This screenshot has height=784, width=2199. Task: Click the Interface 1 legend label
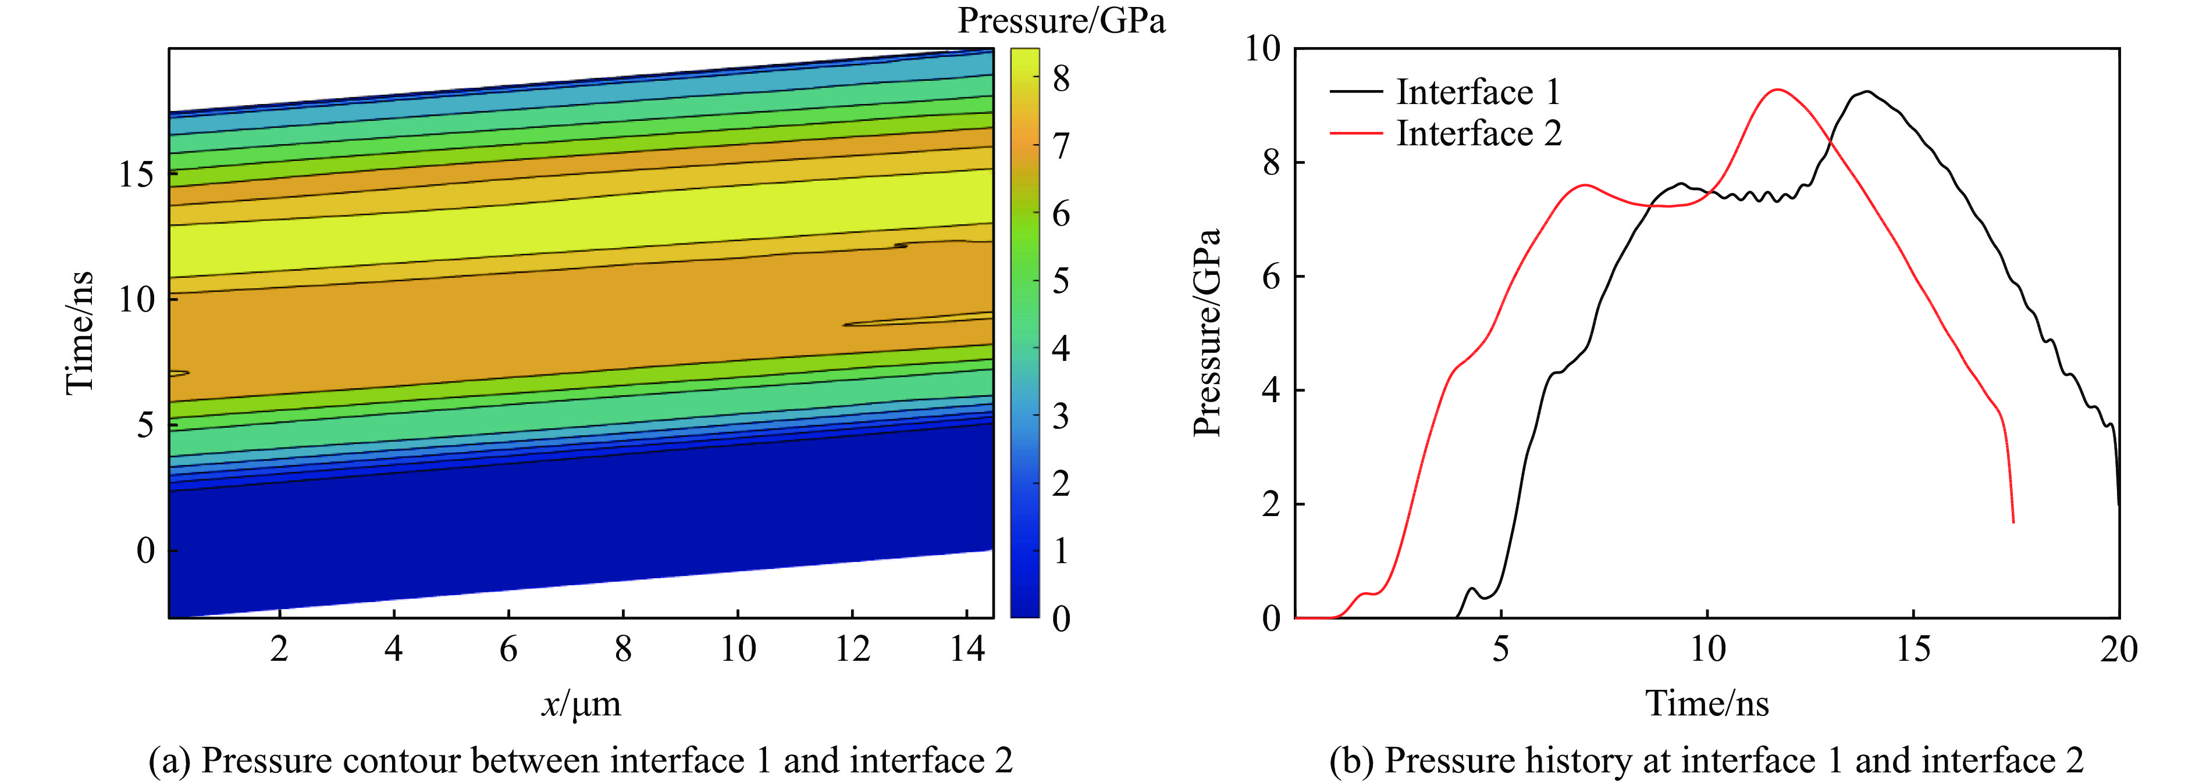[x=1478, y=92]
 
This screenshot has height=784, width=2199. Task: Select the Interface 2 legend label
[x=1479, y=134]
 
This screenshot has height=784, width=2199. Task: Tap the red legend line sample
[x=1355, y=133]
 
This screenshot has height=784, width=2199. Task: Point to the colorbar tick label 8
[x=1061, y=80]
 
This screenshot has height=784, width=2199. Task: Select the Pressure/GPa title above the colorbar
[x=1061, y=20]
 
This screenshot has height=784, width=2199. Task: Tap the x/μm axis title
[x=581, y=704]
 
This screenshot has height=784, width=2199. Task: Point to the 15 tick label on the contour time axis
[x=137, y=176]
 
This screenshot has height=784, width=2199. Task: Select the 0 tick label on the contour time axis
[x=146, y=551]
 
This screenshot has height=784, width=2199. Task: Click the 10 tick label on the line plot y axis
[x=1262, y=49]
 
